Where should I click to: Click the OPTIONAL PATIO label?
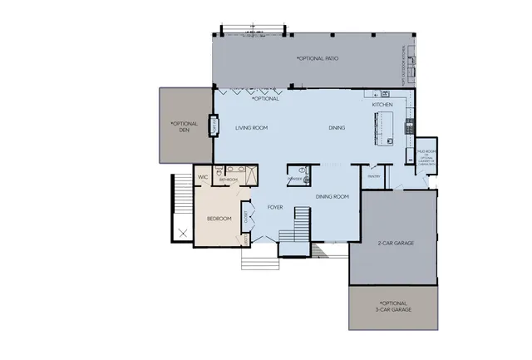coord(318,59)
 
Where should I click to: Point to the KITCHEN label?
coord(382,106)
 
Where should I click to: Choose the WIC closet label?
coord(202,177)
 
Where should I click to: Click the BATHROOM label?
coord(229,180)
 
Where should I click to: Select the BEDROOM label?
coord(219,219)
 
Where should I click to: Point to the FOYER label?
coord(277,207)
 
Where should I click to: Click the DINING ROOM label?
coord(332,196)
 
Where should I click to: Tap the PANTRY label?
coord(372,175)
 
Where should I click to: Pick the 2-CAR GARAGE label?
coord(396,244)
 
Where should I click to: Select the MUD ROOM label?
coord(426,151)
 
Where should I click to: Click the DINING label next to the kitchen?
coord(337,128)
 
